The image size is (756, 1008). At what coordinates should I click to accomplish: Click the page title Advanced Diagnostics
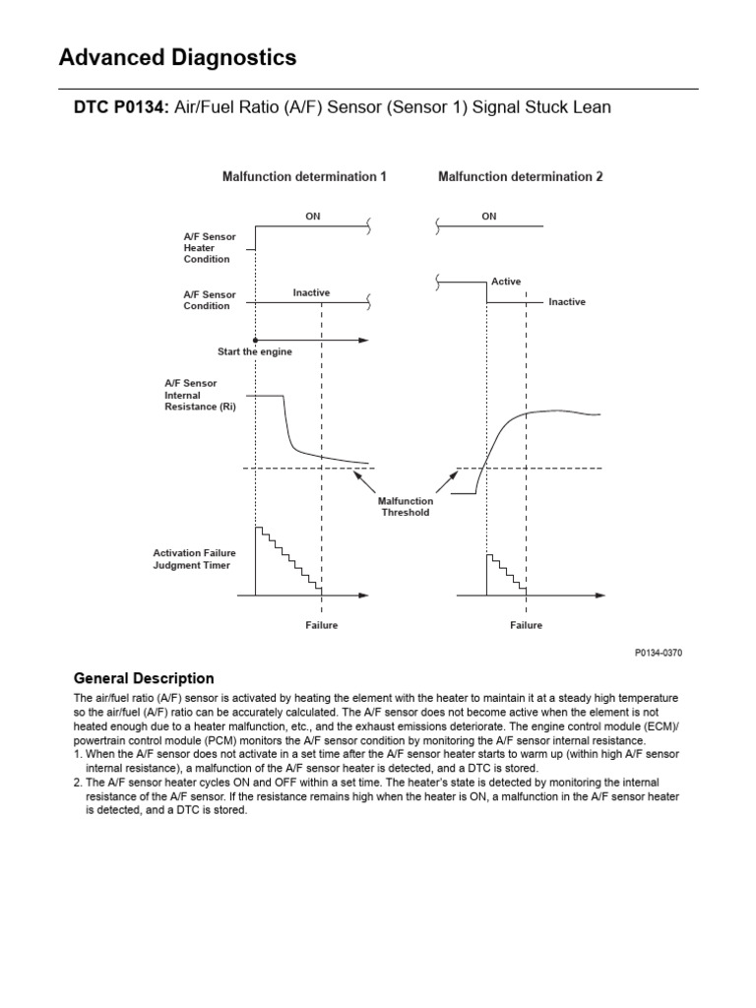pos(177,58)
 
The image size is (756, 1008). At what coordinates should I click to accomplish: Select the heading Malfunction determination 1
pos(303,177)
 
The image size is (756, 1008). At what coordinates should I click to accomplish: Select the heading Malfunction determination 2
pos(520,177)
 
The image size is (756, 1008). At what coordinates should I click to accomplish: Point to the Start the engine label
pos(254,351)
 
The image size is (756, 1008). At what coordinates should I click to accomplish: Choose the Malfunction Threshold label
pos(406,506)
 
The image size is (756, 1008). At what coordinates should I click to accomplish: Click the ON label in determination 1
pos(312,216)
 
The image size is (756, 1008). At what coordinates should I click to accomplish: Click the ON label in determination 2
pos(489,216)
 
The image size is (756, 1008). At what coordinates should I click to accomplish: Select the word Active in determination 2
pos(506,282)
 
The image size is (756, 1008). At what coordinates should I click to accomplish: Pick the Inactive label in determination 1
pos(311,292)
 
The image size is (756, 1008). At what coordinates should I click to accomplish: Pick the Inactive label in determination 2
pos(567,302)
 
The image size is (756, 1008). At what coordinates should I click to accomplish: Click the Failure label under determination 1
pos(321,625)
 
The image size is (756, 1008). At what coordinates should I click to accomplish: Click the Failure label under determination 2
pos(526,625)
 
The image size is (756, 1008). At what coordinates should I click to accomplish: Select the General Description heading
pos(144,678)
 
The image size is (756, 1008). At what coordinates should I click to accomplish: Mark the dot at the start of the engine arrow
pos(255,340)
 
